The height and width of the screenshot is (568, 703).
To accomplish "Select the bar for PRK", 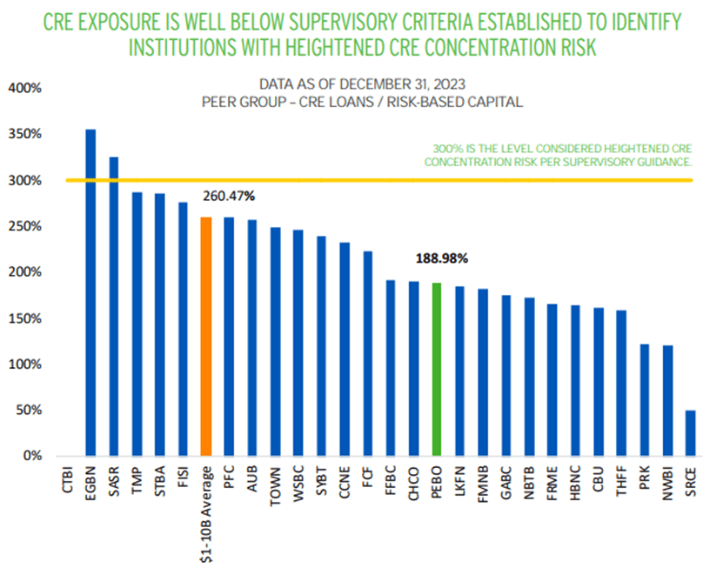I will pyautogui.click(x=644, y=399).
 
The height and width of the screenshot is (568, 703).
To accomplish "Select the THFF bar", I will pyautogui.click(x=621, y=383).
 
